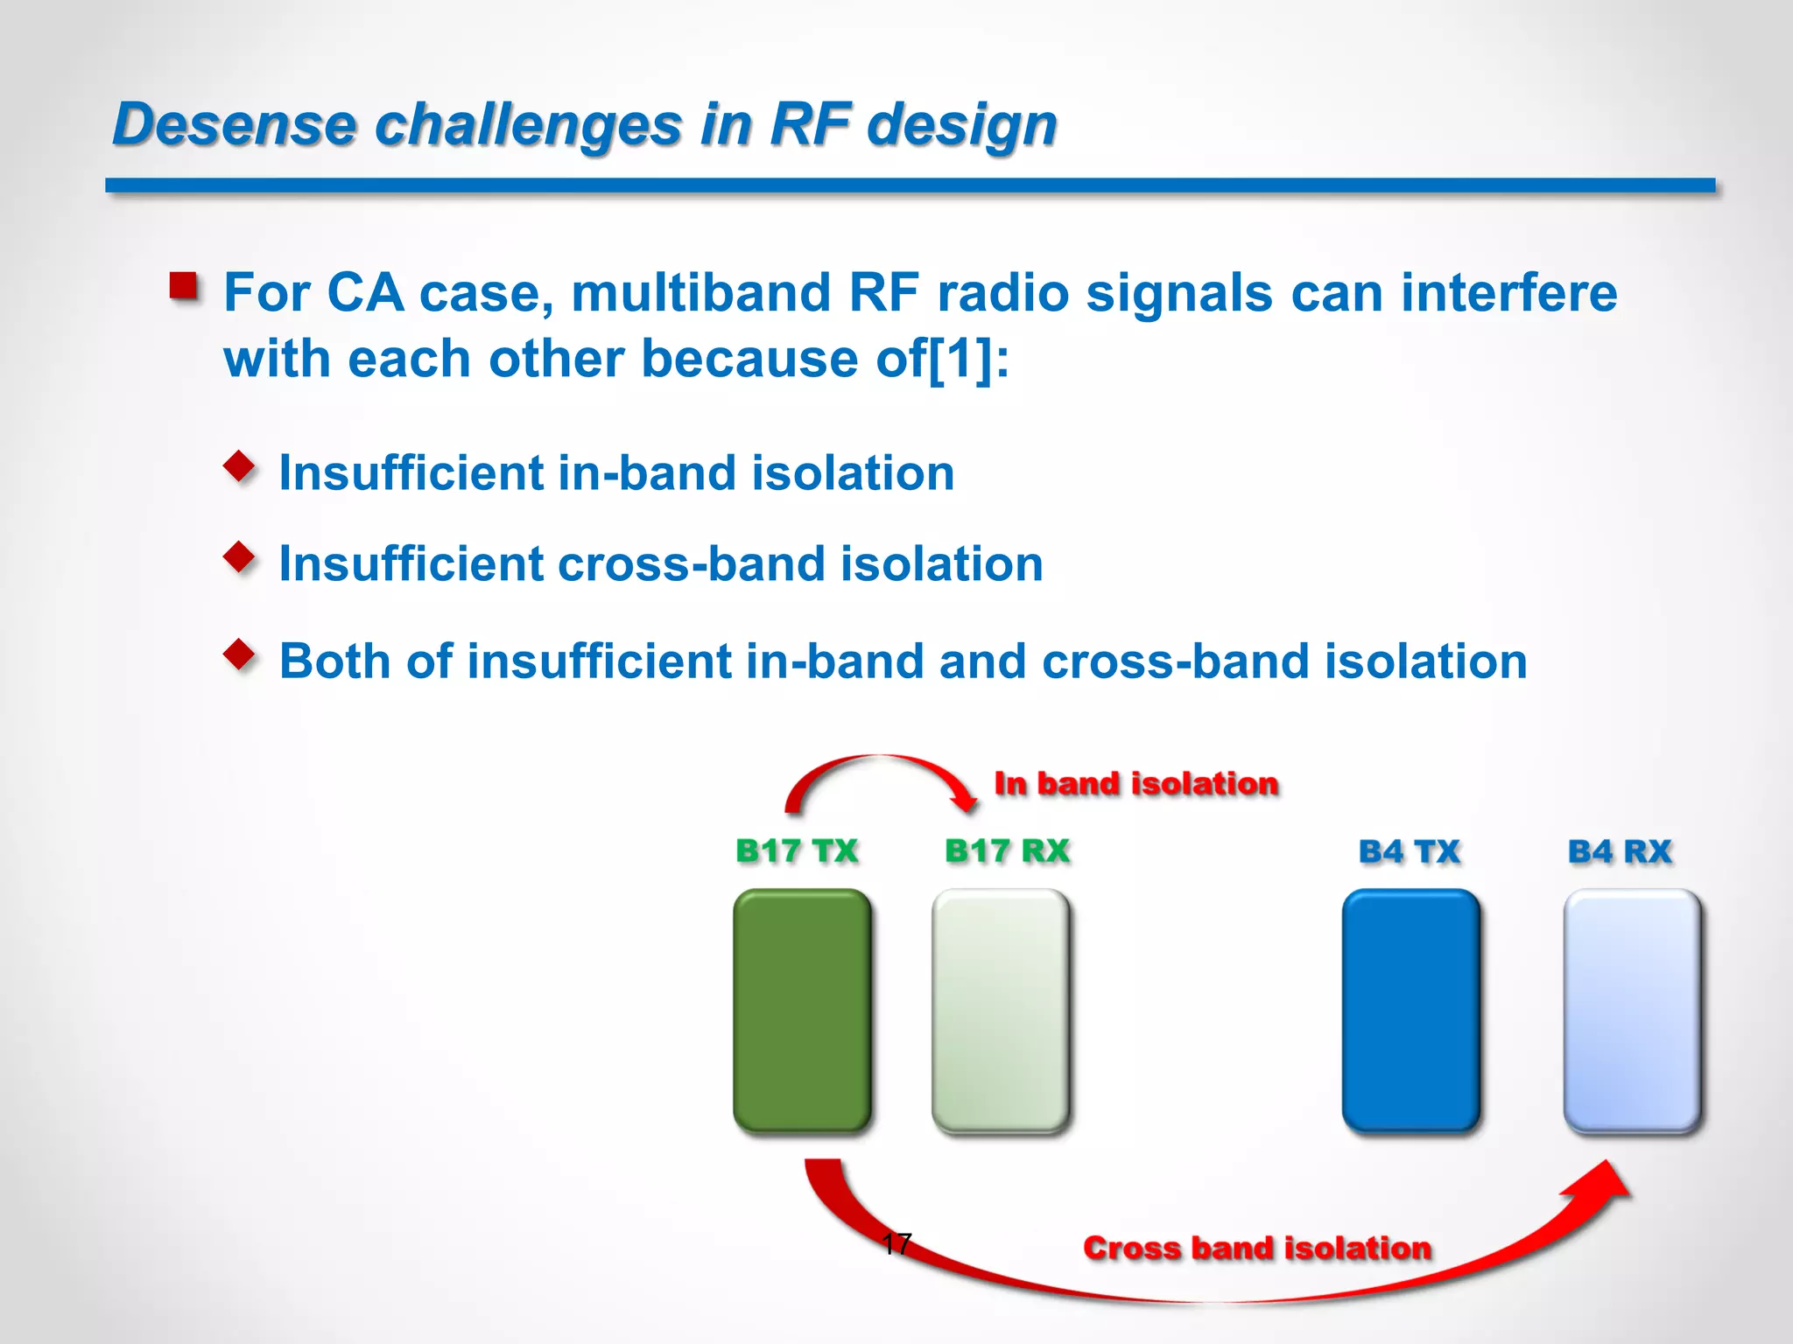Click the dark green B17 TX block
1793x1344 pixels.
point(802,1011)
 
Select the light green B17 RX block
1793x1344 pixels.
point(1001,1011)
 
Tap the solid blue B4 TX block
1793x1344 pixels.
point(1410,1011)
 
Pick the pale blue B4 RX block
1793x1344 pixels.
point(1632,1011)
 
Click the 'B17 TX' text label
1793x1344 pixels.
point(797,850)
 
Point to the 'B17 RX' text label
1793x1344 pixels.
point(1007,850)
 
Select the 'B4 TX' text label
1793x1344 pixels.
point(1409,851)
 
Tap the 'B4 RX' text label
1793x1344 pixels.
point(1620,851)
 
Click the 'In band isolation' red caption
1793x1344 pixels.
point(1136,783)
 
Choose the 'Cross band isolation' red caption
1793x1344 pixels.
point(1257,1248)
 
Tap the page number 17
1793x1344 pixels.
point(897,1243)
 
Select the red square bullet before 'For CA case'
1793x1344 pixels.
point(183,286)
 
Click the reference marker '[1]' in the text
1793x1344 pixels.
point(960,359)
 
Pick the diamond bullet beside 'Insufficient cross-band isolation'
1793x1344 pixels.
point(239,556)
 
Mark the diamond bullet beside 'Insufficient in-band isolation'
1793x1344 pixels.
point(239,465)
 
